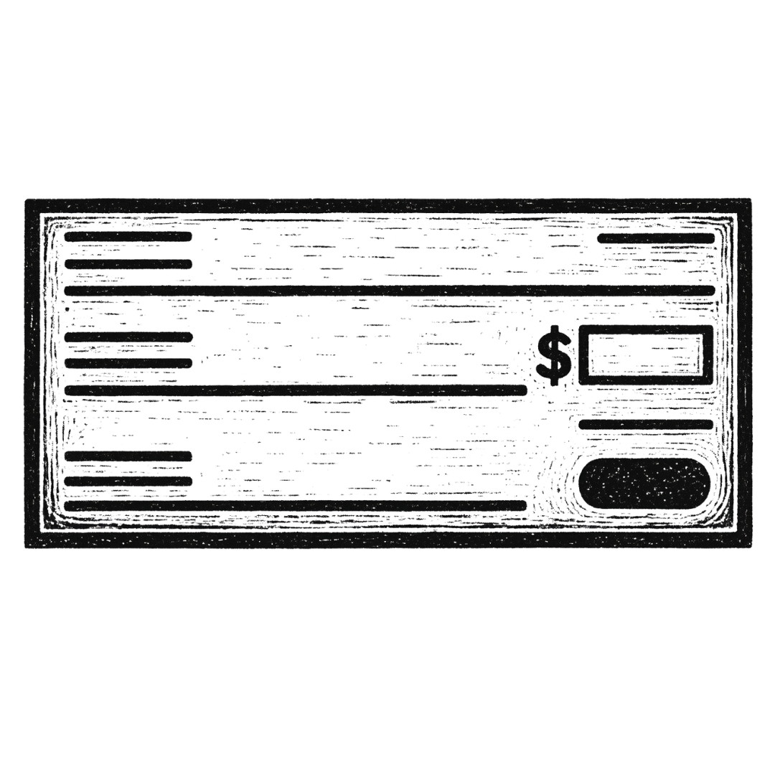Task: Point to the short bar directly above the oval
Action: point(644,424)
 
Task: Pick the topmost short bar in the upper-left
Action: point(129,236)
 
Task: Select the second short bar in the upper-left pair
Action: point(129,264)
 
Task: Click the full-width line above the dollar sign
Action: point(387,290)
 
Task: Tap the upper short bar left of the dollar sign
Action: point(129,335)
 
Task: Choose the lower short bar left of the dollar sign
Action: point(129,362)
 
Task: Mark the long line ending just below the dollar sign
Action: point(294,389)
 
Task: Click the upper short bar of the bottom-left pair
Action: point(129,455)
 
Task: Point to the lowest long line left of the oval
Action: point(294,505)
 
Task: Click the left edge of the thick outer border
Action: point(32,373)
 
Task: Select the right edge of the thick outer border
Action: point(743,373)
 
